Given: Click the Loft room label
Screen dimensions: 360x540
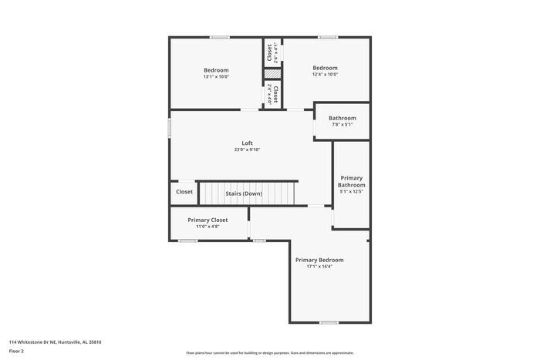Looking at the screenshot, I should coord(247,143).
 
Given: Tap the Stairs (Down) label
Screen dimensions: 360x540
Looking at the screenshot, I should coord(243,193).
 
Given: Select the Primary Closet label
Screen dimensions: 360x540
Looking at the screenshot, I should coord(208,220).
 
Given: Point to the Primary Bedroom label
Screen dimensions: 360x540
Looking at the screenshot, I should coord(319,260).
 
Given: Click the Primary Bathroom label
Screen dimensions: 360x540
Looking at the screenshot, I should coord(351,181).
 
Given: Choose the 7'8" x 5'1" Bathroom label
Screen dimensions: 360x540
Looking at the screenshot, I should coord(342,125).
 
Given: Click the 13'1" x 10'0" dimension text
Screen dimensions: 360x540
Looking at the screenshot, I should coord(216,76).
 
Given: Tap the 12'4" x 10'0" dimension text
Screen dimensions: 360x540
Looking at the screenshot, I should coord(325,74).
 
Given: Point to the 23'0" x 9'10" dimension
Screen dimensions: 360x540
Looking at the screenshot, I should coord(247,150).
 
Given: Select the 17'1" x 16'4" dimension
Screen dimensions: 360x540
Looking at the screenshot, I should coord(319,267).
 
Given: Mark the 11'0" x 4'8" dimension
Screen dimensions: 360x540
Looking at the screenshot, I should coord(208,227).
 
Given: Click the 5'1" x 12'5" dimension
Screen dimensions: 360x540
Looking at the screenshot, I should coord(351,192).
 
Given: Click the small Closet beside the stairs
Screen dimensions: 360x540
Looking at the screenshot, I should coord(184,192).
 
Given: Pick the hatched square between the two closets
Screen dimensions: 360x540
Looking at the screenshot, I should coord(272,74).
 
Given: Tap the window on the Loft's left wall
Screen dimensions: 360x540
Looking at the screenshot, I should coord(170,127).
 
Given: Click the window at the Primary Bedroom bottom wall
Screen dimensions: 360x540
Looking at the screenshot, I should coord(329,322).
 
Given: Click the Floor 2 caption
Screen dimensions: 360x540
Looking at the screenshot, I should coord(16,351).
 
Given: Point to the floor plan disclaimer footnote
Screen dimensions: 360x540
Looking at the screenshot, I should coord(269,352).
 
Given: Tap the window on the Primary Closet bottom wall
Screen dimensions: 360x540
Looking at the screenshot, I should coord(188,241).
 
